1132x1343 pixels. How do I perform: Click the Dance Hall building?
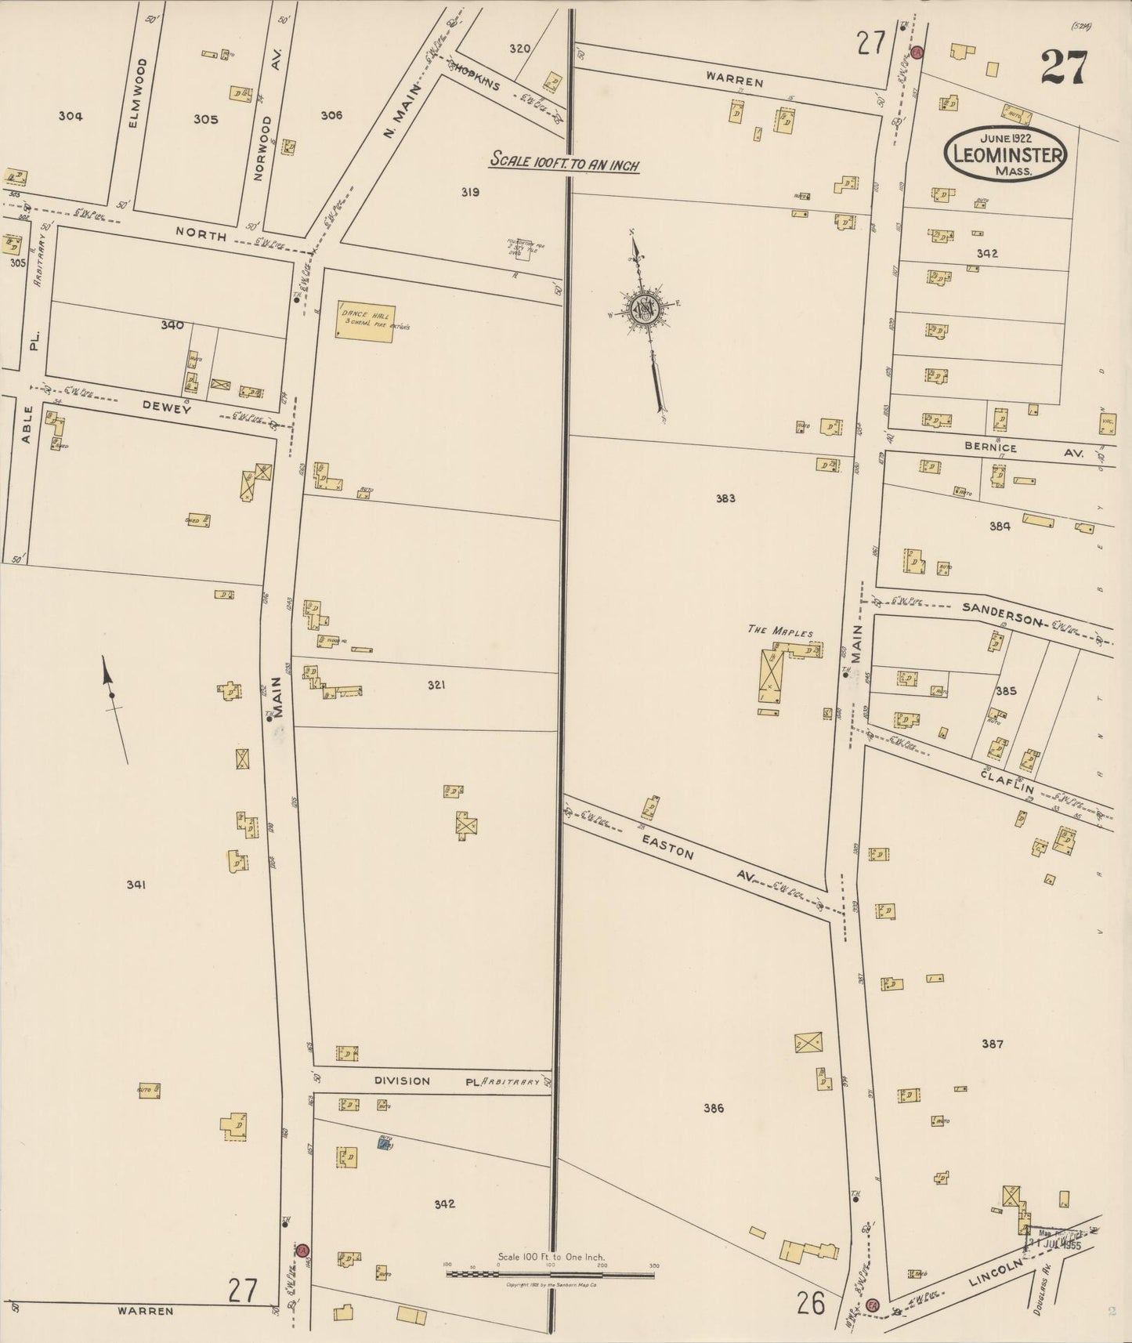click(365, 321)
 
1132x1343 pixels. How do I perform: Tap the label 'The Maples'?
click(779, 632)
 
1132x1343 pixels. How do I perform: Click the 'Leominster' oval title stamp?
click(1006, 153)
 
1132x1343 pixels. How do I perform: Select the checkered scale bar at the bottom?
click(550, 1275)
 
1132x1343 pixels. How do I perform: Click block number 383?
click(725, 498)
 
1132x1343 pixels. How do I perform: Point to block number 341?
click(136, 885)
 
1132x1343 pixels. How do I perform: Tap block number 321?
click(436, 685)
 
